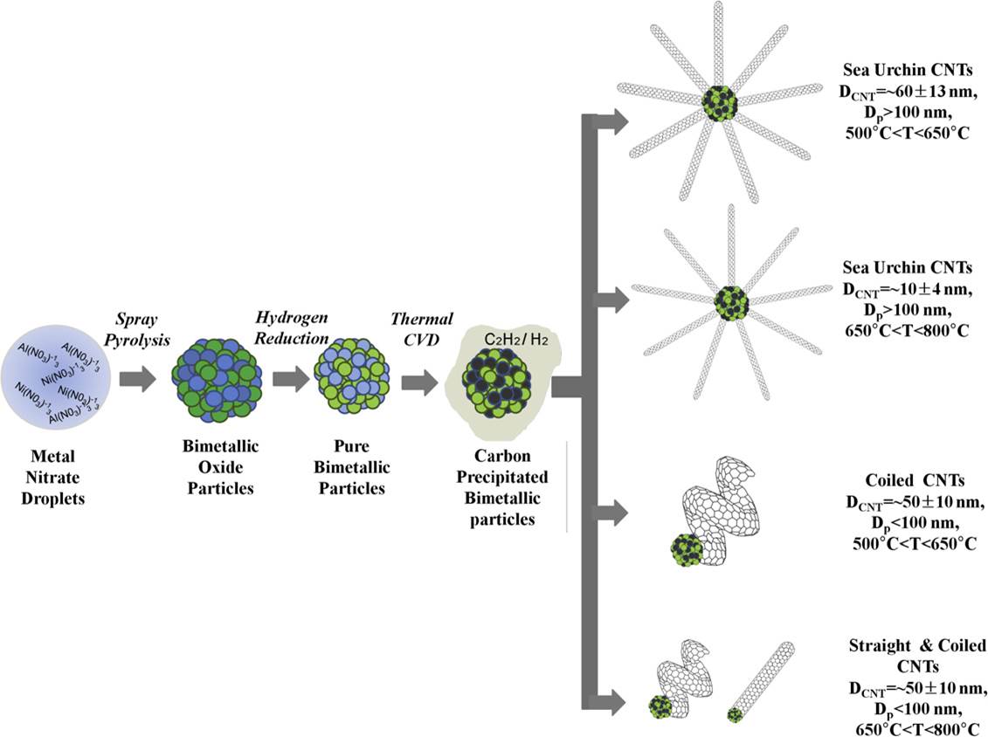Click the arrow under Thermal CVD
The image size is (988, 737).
pos(418,382)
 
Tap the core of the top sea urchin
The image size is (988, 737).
pos(720,103)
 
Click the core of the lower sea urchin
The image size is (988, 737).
pos(727,304)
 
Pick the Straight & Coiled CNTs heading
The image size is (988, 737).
pos(916,654)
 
